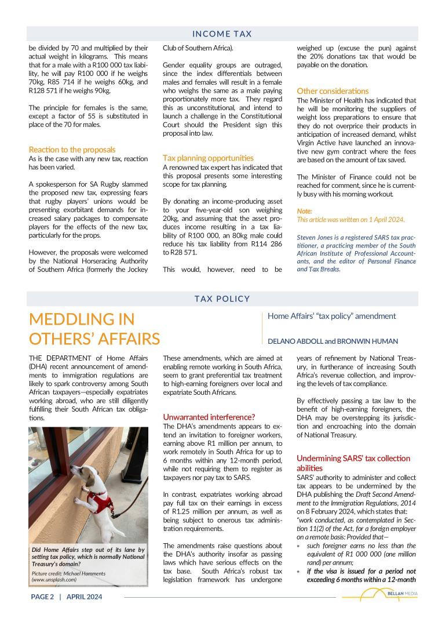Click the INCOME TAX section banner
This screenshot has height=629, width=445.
tap(222, 34)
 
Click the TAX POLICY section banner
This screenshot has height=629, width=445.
tap(222, 299)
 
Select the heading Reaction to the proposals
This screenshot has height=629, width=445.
tap(72, 150)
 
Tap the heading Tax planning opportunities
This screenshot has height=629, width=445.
tap(208, 158)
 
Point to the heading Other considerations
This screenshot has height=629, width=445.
tap(333, 91)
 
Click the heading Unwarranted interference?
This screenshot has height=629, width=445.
tap(209, 417)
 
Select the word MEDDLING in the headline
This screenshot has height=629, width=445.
tap(82, 319)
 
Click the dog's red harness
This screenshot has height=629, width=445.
tap(99, 499)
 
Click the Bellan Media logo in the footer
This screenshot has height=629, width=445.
tap(380, 595)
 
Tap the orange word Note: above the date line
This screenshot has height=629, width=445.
tap(304, 211)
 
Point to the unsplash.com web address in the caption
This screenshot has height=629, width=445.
tap(54, 579)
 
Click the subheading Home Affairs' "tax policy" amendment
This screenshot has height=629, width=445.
tap(331, 316)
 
